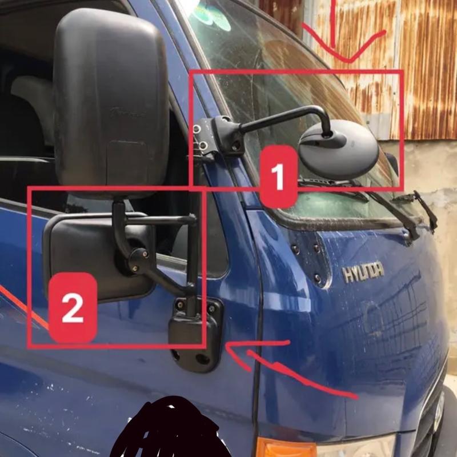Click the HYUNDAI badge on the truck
(363, 272)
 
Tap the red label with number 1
(278, 177)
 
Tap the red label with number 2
(73, 307)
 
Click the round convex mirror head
(339, 150)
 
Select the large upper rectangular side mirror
(111, 102)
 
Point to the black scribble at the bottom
(167, 428)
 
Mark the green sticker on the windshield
(212, 18)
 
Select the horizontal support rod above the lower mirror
(161, 219)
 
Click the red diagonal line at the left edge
(23, 307)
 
